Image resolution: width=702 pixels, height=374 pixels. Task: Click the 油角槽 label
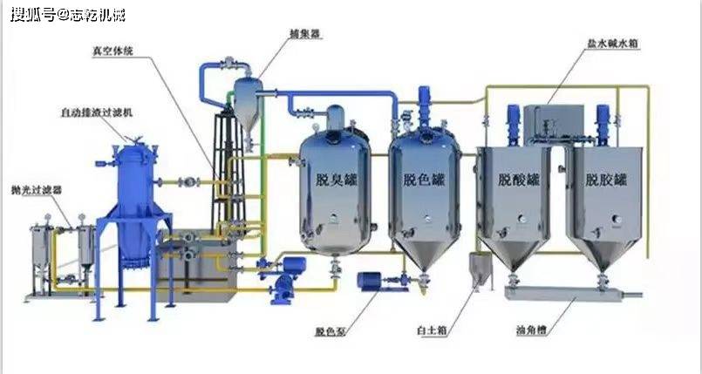tap(534, 332)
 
